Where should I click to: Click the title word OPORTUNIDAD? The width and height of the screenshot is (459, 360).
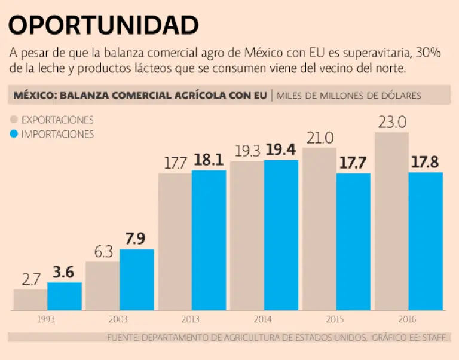click(x=103, y=26)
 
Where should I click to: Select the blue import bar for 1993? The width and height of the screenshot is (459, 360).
click(x=65, y=296)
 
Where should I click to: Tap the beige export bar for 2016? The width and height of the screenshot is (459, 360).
click(x=391, y=221)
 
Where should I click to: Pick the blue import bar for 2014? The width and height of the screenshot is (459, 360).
click(x=281, y=235)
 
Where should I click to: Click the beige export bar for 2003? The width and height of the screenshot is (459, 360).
click(x=102, y=286)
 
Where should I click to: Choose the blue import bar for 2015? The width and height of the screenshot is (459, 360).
click(x=353, y=242)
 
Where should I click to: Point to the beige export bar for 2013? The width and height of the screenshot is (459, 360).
click(x=175, y=242)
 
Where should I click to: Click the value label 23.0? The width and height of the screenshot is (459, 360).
click(x=391, y=123)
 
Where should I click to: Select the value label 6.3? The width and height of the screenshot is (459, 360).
click(x=103, y=252)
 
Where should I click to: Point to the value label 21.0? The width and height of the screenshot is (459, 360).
click(x=320, y=138)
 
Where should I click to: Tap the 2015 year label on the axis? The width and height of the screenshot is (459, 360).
click(x=335, y=319)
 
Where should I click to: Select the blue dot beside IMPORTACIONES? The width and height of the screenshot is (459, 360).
click(x=15, y=134)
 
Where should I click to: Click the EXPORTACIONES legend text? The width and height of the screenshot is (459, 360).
click(x=57, y=120)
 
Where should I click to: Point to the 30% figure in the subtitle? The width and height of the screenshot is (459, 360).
click(x=429, y=53)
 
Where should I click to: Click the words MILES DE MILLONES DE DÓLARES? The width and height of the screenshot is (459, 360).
click(x=348, y=96)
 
